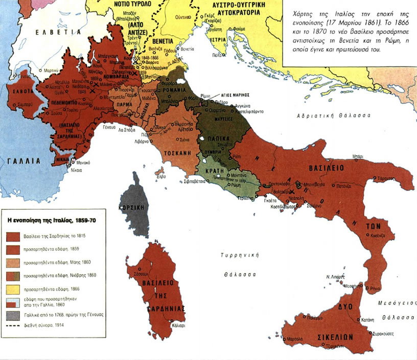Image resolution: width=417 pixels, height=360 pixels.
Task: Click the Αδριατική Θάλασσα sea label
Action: pos(333,116)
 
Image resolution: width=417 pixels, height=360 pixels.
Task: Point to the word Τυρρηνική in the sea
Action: pos(235,255)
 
